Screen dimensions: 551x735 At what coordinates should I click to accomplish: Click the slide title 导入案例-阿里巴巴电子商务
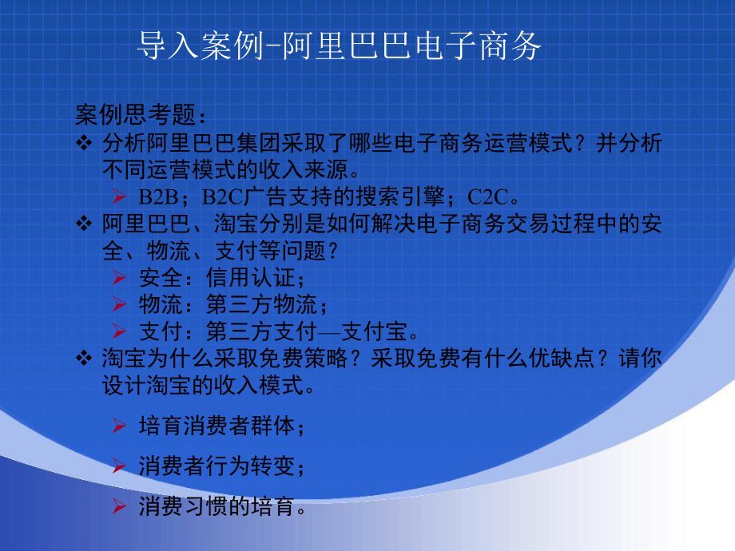click(x=340, y=47)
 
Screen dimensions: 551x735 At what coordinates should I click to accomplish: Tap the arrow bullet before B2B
click(x=119, y=196)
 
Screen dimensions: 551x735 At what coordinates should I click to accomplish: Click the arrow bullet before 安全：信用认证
click(x=119, y=278)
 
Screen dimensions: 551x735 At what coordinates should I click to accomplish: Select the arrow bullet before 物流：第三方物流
click(x=119, y=304)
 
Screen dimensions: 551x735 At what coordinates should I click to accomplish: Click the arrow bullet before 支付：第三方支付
click(x=119, y=331)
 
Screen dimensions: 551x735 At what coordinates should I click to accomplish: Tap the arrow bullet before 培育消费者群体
click(x=119, y=426)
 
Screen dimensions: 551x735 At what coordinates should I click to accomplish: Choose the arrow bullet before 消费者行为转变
click(x=119, y=466)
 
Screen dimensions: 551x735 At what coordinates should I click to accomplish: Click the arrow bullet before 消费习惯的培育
click(x=119, y=505)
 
